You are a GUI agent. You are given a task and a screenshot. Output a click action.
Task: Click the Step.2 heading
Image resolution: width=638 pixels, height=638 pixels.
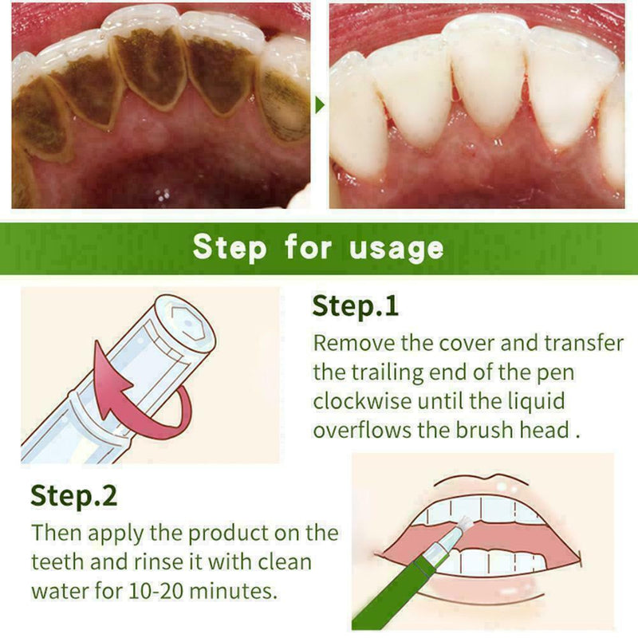tap(73, 495)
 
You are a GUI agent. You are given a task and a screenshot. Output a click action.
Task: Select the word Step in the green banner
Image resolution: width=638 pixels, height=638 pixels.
tap(230, 248)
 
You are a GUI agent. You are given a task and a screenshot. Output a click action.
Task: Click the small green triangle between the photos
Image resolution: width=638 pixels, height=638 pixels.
tap(321, 105)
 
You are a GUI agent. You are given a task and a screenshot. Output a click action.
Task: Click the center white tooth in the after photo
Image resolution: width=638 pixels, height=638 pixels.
tap(486, 88)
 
